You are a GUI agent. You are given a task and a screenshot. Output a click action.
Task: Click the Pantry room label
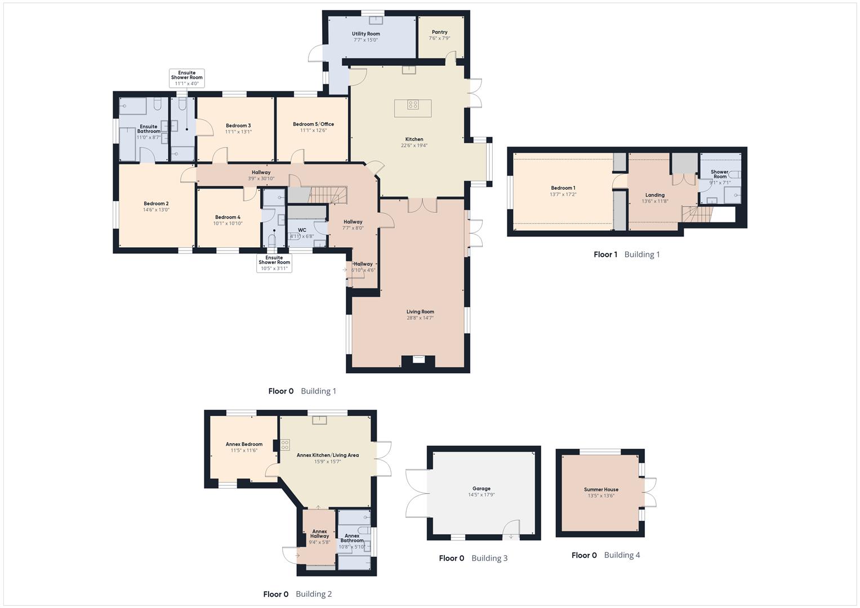tap(439, 32)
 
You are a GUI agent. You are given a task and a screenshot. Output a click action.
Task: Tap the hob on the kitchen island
tap(413, 104)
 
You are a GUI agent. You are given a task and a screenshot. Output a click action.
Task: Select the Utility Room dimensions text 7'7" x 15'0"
tap(366, 40)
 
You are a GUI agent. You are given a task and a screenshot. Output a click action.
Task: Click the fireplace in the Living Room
tap(418, 359)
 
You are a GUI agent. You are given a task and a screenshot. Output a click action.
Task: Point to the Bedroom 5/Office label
tap(313, 124)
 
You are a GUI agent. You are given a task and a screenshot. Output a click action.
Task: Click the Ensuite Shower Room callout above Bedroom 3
tap(187, 78)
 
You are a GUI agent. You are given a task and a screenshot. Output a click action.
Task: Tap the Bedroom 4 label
tap(228, 217)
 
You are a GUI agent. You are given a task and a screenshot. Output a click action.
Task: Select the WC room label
tap(302, 230)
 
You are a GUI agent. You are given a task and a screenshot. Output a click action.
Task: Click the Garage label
tap(481, 489)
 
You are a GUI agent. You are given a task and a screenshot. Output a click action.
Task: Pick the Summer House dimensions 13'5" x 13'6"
tap(601, 496)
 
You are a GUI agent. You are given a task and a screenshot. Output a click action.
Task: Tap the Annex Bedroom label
tap(244, 444)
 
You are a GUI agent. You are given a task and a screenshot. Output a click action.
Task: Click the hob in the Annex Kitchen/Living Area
tap(285, 445)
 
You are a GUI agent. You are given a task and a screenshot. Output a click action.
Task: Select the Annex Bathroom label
tap(352, 538)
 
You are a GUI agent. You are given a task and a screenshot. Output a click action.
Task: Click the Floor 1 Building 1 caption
tap(626, 254)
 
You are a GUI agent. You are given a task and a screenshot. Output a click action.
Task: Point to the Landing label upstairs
tap(654, 195)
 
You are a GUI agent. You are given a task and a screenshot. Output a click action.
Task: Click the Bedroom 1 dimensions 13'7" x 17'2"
tap(563, 194)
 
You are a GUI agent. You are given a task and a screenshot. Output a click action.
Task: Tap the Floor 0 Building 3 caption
tap(473, 558)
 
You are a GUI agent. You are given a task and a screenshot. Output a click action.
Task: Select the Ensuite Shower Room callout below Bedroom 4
tap(274, 263)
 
